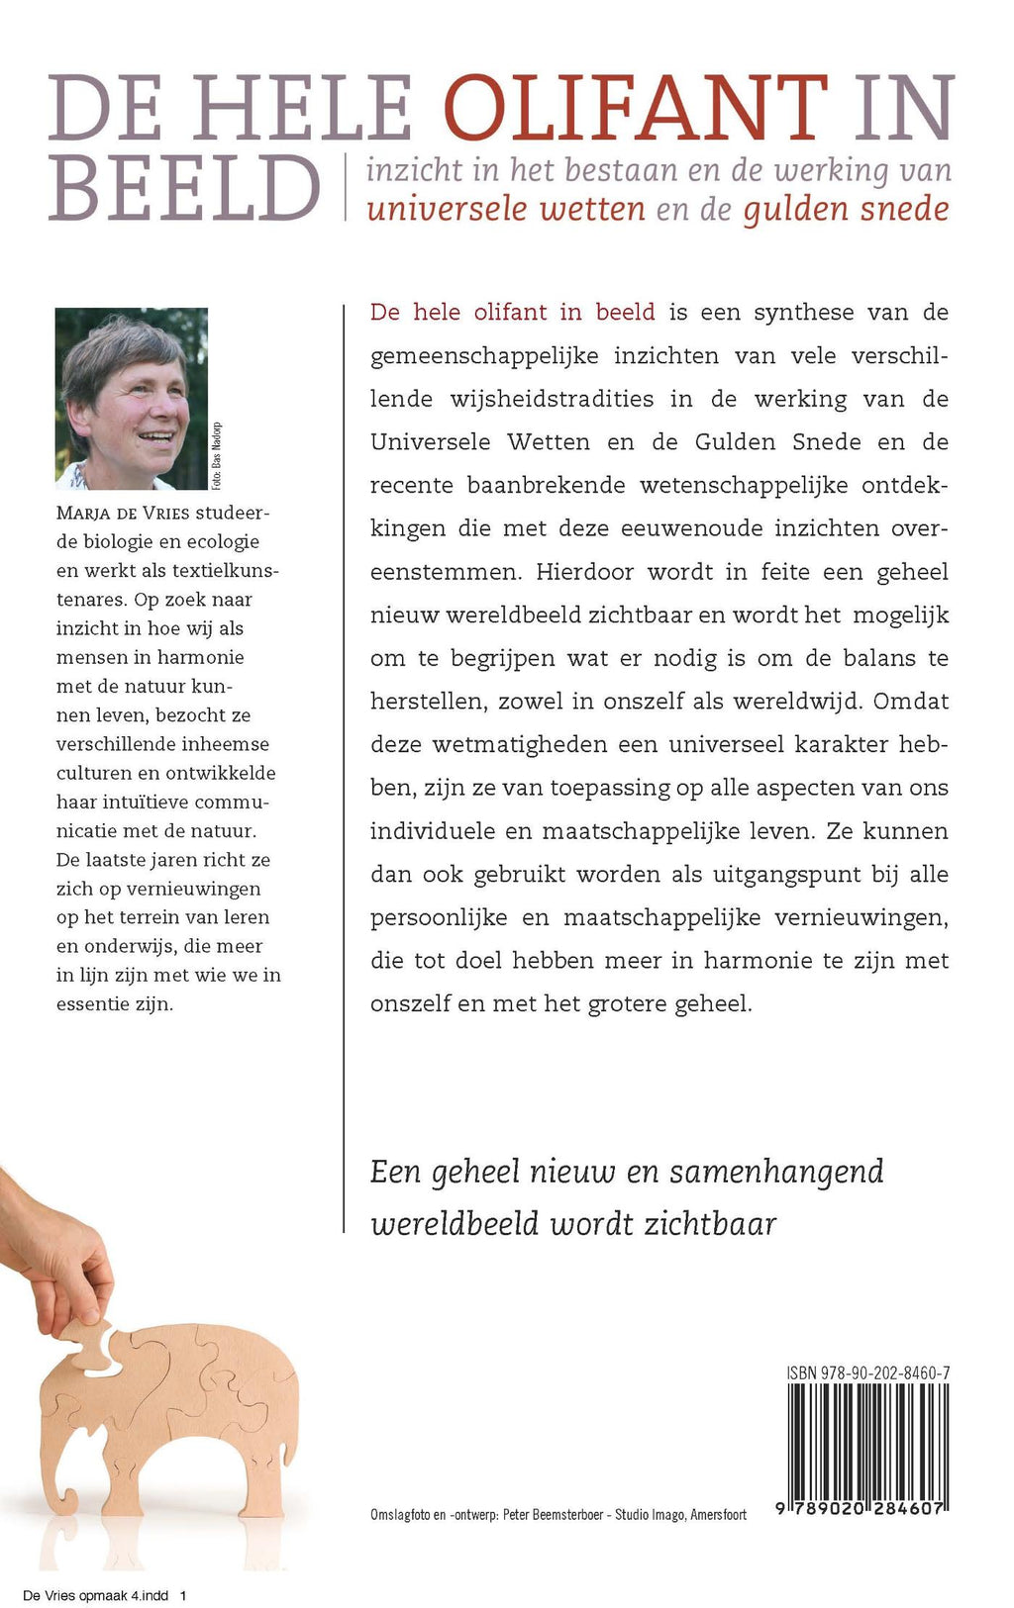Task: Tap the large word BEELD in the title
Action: (x=184, y=189)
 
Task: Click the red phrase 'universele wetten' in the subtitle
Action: (x=505, y=210)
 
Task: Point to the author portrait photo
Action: (x=131, y=398)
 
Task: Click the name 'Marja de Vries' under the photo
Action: (x=124, y=513)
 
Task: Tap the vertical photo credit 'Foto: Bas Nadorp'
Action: (x=217, y=456)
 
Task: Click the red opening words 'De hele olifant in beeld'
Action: (x=512, y=313)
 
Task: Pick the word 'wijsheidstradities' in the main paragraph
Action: (x=550, y=399)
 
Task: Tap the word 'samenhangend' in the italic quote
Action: (x=776, y=1172)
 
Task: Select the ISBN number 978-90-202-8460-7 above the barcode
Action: (x=868, y=1373)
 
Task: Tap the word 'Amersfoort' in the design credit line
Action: (x=718, y=1514)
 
